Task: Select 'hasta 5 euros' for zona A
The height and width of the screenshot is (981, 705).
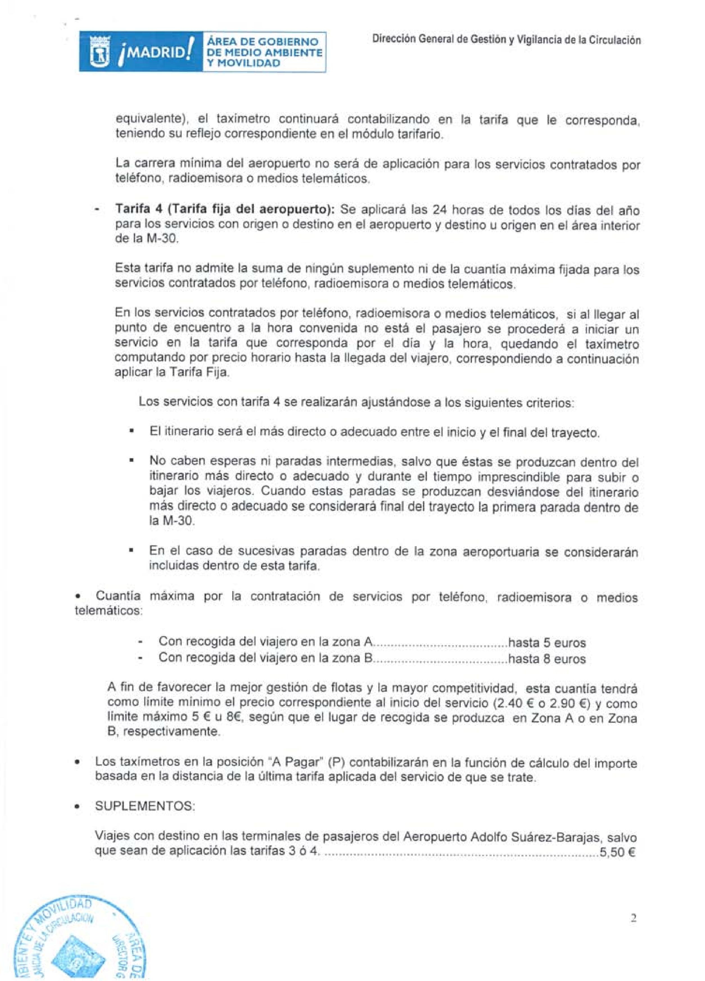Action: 547,643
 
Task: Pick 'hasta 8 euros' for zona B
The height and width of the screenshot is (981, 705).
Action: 547,659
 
